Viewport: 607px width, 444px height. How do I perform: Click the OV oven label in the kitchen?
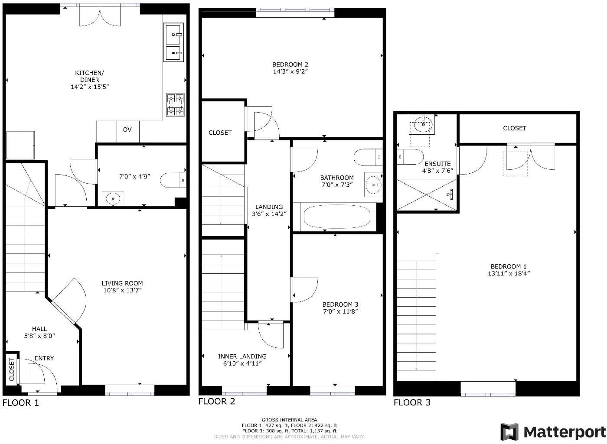127,130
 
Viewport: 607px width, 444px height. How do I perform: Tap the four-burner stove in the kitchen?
175,105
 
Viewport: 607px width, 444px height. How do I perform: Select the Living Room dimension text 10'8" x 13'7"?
122,290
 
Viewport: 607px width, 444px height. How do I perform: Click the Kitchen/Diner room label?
89,76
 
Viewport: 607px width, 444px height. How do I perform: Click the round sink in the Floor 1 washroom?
113,199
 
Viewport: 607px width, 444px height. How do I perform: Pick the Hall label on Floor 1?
39,329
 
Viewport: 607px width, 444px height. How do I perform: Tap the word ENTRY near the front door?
44,358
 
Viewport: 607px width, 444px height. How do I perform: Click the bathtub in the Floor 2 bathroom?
336,216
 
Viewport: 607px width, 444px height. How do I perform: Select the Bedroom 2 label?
290,65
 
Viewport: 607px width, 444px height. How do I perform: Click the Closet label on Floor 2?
220,133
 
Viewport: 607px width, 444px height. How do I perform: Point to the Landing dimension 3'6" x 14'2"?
269,214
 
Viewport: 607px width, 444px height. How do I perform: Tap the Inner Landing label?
242,356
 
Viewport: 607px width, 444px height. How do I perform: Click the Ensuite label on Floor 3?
437,164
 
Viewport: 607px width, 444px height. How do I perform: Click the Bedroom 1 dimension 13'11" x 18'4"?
509,273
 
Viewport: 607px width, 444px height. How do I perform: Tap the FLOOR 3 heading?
412,402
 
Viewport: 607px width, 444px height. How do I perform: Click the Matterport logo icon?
509,432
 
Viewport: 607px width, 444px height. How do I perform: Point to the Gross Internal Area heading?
289,420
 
